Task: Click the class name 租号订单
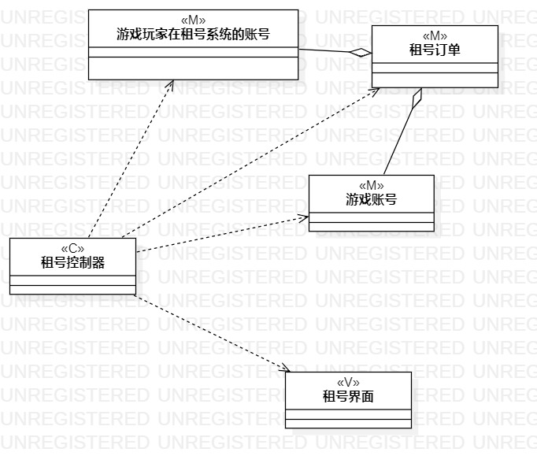[x=435, y=50]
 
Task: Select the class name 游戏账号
[x=371, y=200]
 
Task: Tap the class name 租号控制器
[x=72, y=263]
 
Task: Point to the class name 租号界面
[x=348, y=397]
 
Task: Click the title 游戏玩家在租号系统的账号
[x=194, y=35]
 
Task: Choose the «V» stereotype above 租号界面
[x=348, y=383]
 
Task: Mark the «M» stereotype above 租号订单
[x=435, y=36]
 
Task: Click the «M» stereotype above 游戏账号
[x=371, y=186]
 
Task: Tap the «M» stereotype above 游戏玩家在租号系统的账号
[x=194, y=20]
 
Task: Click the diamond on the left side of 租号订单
[x=361, y=52]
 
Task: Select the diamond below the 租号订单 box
[x=417, y=98]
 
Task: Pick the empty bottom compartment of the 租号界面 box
[x=348, y=424]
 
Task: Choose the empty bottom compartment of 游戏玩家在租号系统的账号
[x=194, y=69]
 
